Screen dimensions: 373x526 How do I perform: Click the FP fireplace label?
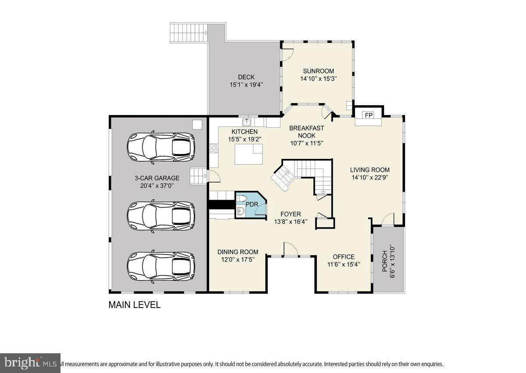369,115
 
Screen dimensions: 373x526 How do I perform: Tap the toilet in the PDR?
241,200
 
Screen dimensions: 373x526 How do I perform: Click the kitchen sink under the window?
247,121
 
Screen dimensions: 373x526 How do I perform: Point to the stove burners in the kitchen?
214,148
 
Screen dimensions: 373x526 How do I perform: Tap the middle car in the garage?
161,215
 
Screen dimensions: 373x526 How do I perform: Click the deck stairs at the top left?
188,33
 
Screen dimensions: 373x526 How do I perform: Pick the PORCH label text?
385,261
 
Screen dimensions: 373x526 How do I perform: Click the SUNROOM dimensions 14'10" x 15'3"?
318,79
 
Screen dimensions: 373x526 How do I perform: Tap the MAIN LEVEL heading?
135,305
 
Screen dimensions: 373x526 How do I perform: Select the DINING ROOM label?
238,252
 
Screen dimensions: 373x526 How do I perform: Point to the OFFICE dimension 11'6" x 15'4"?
344,265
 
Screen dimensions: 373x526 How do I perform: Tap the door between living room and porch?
388,220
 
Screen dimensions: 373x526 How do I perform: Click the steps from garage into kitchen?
198,176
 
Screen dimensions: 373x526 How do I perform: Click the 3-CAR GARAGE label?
157,178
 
